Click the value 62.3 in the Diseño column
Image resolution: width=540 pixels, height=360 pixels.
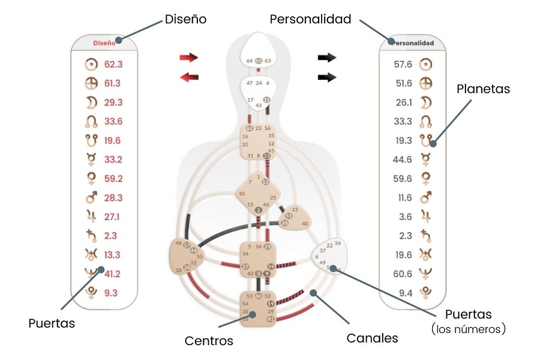pyautogui.click(x=113, y=63)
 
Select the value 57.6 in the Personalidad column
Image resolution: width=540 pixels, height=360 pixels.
pyautogui.click(x=404, y=63)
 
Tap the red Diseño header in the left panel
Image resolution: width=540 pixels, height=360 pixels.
pyautogui.click(x=104, y=43)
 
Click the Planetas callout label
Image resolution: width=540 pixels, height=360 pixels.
pyautogui.click(x=483, y=89)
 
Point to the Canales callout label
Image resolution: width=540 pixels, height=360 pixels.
pyautogui.click(x=372, y=338)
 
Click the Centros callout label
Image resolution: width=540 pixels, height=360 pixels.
pyautogui.click(x=209, y=341)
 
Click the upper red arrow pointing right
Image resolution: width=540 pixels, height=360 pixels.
pyautogui.click(x=188, y=58)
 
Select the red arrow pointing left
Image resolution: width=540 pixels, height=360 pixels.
pyautogui.click(x=188, y=77)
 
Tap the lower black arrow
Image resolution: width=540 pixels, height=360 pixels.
pyautogui.click(x=327, y=77)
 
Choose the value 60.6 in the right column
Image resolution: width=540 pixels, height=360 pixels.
pyautogui.click(x=404, y=274)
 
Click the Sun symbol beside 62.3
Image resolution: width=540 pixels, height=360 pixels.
pyautogui.click(x=91, y=63)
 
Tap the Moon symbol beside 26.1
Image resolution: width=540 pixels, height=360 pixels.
pyautogui.click(x=425, y=101)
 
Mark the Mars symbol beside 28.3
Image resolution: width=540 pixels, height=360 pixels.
pyautogui.click(x=91, y=197)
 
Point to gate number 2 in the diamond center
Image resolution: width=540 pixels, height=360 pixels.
pyautogui.click(x=258, y=210)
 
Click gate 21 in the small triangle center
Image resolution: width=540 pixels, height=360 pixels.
pyautogui.click(x=295, y=209)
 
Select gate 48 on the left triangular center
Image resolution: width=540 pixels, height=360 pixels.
pyautogui.click(x=178, y=243)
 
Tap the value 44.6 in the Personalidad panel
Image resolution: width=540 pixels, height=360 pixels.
pyautogui.click(x=404, y=159)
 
